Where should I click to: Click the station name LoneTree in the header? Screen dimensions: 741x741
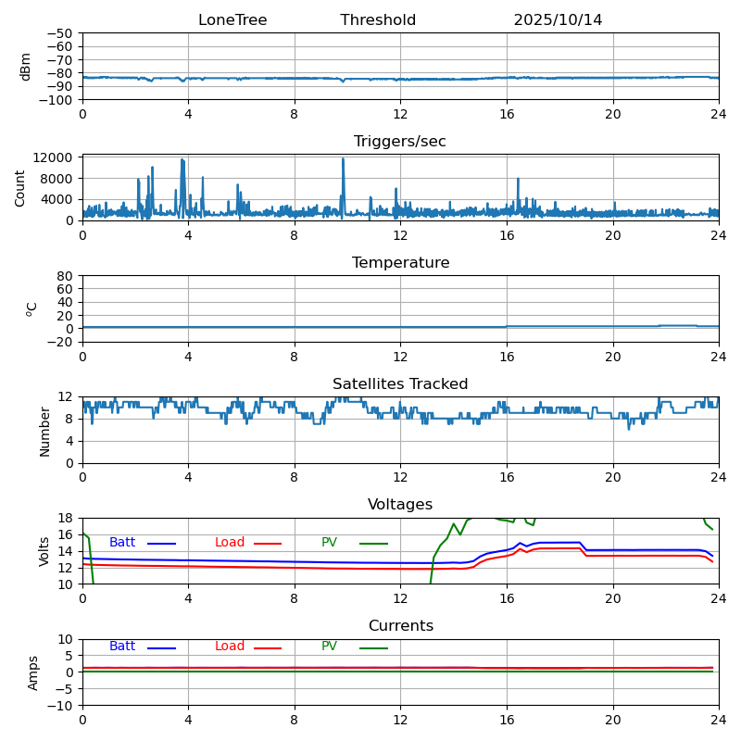click(x=232, y=20)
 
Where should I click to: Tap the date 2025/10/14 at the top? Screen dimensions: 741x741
click(x=558, y=20)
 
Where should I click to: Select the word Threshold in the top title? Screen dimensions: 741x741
click(x=378, y=20)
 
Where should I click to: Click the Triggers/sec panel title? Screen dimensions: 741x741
click(x=400, y=142)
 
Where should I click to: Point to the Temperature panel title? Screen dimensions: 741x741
click(x=400, y=263)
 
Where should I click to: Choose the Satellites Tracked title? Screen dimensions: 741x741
click(x=400, y=384)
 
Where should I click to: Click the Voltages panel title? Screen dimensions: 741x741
click(x=400, y=505)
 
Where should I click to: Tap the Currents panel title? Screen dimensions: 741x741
click(x=400, y=626)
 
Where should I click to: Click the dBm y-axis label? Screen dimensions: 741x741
click(x=26, y=66)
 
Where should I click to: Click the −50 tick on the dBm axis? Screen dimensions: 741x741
click(x=60, y=33)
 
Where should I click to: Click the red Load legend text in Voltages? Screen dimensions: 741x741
click(x=230, y=543)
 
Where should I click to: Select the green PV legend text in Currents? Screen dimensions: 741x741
click(x=329, y=647)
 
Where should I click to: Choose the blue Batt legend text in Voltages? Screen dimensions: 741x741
click(x=122, y=543)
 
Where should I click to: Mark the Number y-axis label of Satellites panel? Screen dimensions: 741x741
click(x=44, y=431)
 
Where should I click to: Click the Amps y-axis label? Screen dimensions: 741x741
click(x=33, y=672)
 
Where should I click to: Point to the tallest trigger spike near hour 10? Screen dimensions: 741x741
click(x=343, y=159)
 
